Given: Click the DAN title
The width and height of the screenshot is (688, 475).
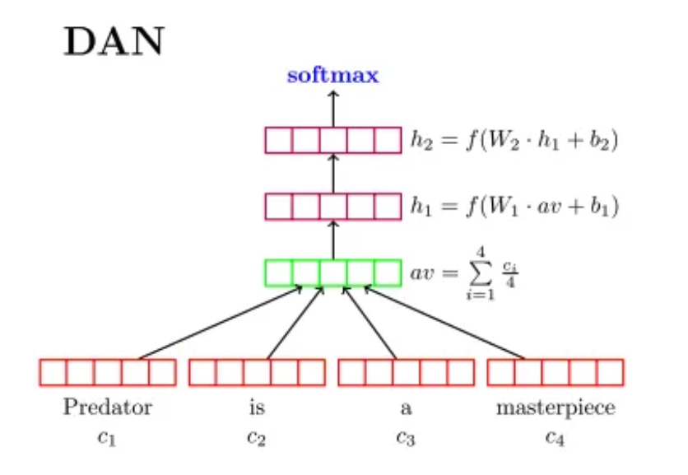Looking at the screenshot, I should pos(114,42).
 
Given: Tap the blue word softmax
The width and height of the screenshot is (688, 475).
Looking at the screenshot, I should pos(332,77).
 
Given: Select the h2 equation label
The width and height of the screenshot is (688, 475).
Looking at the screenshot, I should pos(514,140).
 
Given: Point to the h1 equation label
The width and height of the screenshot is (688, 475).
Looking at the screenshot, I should pos(514,207).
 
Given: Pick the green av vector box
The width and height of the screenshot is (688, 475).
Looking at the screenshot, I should pos(332,272).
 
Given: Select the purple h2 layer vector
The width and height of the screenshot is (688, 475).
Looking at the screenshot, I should pos(332,140).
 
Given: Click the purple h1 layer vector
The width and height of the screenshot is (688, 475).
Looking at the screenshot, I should pos(332,206).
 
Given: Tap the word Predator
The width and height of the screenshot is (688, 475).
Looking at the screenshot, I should pos(108,408).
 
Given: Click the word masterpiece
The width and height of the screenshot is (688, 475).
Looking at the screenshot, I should pos(556,408).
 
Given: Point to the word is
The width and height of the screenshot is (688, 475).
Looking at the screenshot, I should pos(257,408).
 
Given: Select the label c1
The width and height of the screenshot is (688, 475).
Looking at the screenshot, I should pos(108,437).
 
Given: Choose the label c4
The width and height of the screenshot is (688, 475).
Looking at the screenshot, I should pos(556,437).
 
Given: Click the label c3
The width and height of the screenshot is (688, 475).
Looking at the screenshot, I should pos(406,437).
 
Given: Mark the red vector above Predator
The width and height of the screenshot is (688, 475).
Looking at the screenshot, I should pos(108,372).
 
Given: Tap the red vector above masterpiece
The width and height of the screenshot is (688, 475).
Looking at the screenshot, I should pos(556,372).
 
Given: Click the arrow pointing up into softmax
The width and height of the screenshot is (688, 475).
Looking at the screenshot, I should pos(333,107).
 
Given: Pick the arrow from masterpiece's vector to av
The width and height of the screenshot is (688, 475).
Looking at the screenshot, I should pos(444,323).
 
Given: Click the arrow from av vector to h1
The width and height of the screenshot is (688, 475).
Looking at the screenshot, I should pos(333,240).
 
